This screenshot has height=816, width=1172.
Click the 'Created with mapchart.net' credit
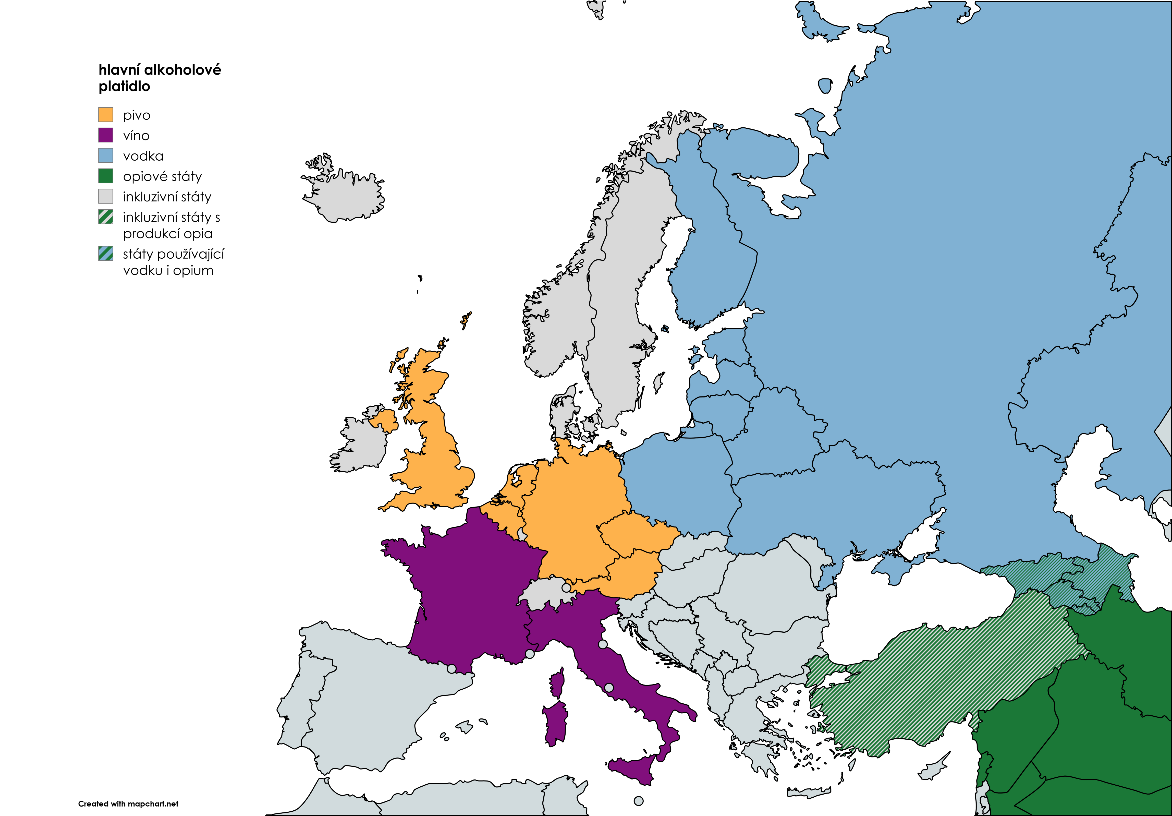(x=128, y=804)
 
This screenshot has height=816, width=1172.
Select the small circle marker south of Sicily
(x=638, y=801)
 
